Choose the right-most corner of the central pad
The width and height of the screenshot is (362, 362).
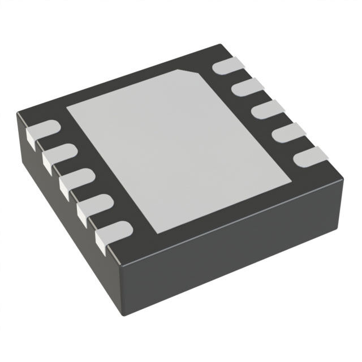(292, 182)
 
